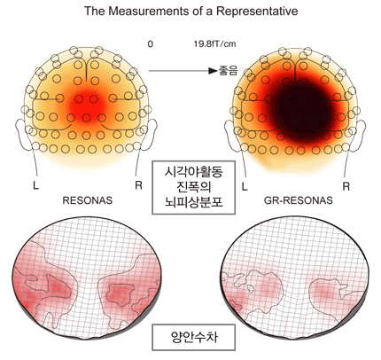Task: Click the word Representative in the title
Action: click(x=257, y=12)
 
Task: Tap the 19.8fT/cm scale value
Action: click(x=214, y=44)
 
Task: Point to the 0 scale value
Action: click(x=151, y=44)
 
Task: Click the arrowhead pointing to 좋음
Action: click(x=213, y=71)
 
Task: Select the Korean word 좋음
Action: click(x=228, y=71)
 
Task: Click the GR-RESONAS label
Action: click(x=298, y=200)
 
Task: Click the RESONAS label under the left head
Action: click(x=88, y=200)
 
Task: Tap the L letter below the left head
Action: click(x=35, y=185)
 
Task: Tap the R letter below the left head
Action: click(x=138, y=185)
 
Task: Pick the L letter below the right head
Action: click(x=245, y=186)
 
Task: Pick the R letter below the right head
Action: click(x=346, y=186)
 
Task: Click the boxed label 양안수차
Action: click(x=194, y=337)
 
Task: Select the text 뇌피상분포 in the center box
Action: click(x=194, y=202)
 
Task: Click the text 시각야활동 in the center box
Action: click(x=194, y=172)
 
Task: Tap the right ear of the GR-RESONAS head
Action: click(x=361, y=132)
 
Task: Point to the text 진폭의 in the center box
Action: click(x=194, y=187)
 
